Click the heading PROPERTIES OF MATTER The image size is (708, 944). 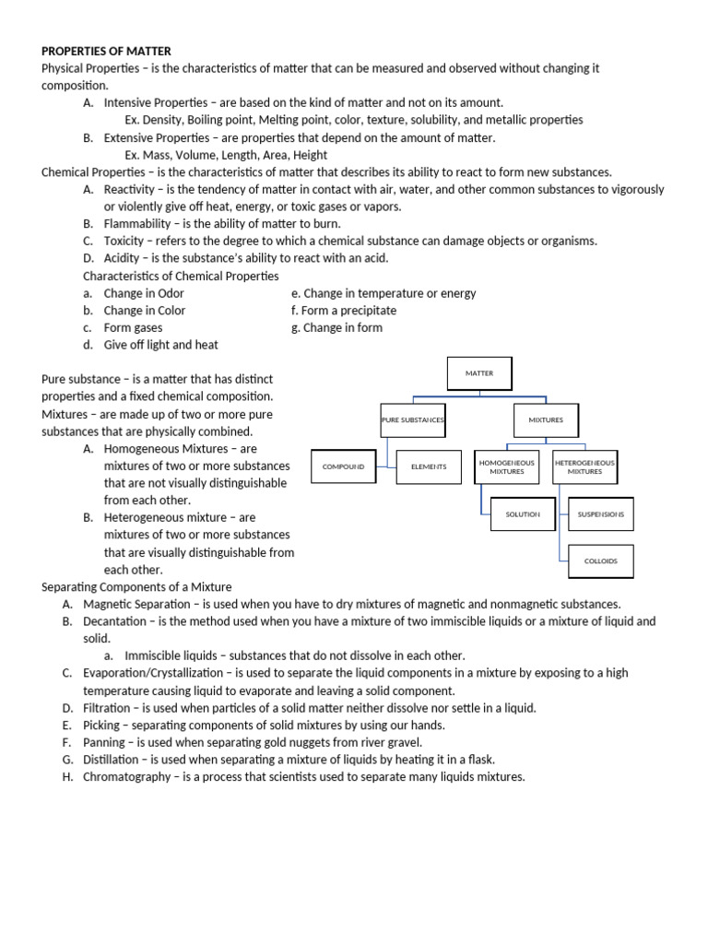tap(106, 51)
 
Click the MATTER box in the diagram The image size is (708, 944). tap(478, 373)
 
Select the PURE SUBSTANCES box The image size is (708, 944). tap(413, 420)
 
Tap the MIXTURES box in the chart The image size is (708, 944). tap(545, 420)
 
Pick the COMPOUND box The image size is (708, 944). tap(343, 467)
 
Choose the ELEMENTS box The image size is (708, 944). tap(429, 467)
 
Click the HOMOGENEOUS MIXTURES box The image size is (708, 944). tap(507, 466)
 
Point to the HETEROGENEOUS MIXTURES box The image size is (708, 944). tap(584, 466)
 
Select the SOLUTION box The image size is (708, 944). tap(523, 514)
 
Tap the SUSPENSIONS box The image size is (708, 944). tap(600, 514)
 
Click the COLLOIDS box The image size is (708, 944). tap(600, 560)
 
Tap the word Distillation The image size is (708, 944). tap(114, 760)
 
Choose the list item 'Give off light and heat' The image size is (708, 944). tap(160, 345)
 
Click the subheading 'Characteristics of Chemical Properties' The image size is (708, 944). tap(181, 276)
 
